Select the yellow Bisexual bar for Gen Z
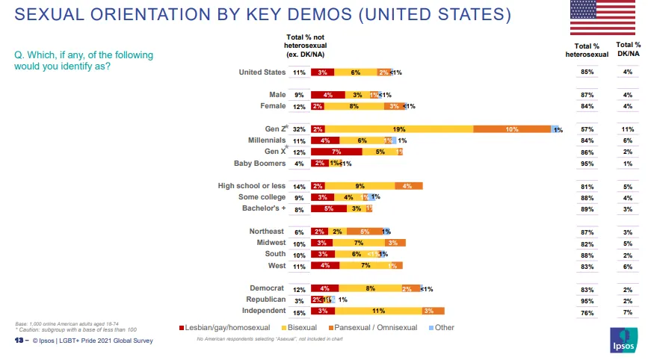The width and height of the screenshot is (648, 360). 399,129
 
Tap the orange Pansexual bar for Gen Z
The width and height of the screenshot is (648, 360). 512,129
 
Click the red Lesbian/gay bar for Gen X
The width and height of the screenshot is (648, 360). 336,152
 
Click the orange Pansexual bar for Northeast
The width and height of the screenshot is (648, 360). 365,232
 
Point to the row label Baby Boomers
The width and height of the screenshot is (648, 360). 261,163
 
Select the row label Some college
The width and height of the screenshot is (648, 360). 259,197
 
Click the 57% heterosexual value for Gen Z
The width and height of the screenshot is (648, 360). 587,129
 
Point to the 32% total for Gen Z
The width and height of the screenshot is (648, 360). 299,129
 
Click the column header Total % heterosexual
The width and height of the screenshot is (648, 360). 587,50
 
